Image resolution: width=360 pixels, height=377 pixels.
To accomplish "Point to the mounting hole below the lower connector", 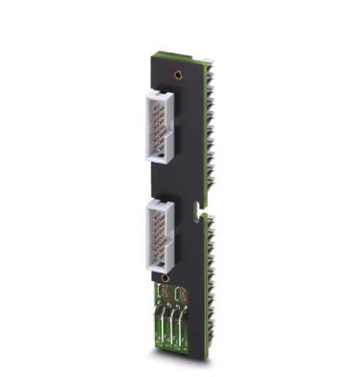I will (x=163, y=278).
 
